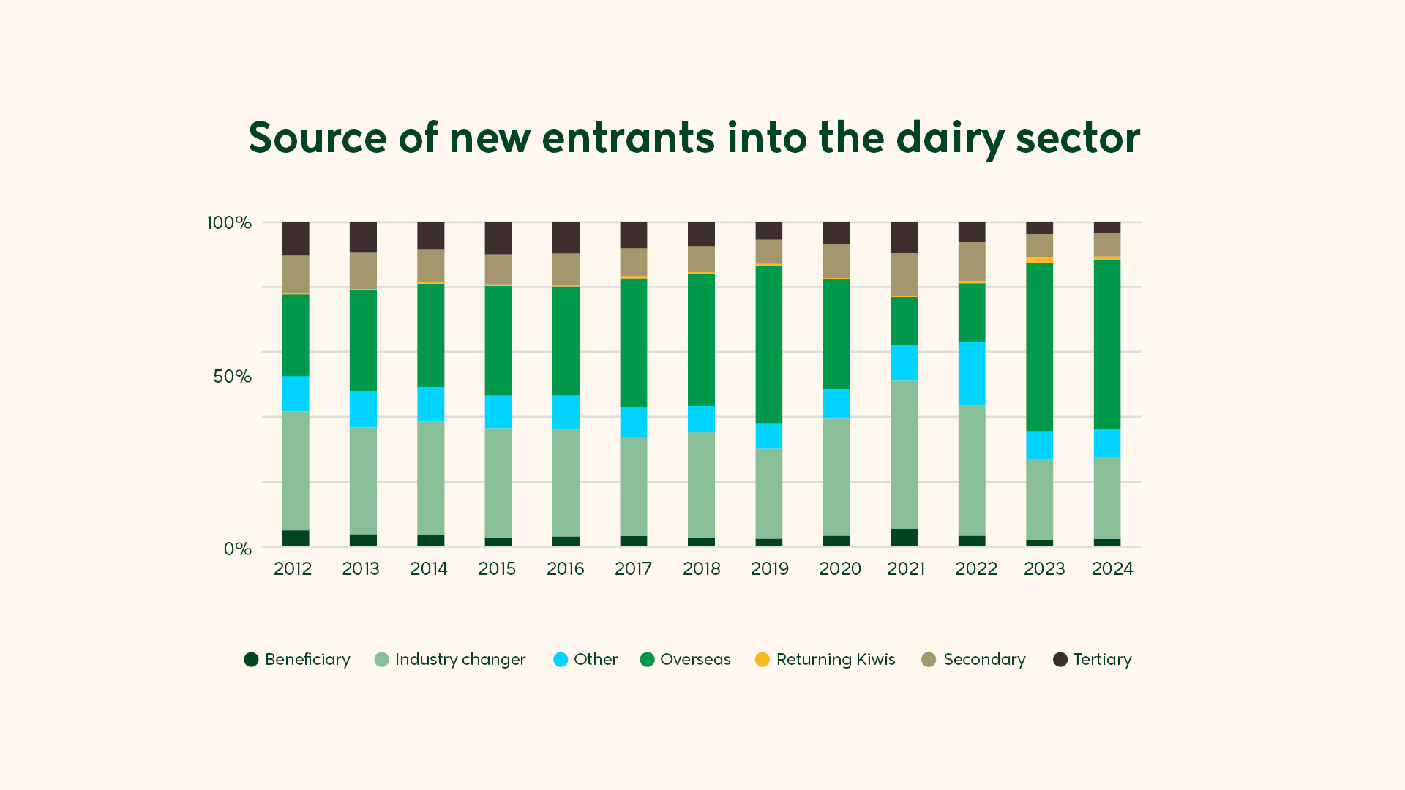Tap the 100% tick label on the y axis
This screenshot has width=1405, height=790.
[229, 222]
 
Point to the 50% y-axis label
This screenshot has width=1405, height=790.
[232, 377]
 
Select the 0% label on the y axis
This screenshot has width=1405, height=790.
[237, 549]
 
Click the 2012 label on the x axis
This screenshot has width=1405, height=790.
[293, 569]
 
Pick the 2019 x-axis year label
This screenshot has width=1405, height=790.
[770, 569]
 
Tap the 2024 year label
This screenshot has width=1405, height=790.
[1112, 569]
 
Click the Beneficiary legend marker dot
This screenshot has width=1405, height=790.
[251, 660]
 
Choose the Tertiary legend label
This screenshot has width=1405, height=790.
[1102, 660]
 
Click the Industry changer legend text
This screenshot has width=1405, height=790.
[460, 660]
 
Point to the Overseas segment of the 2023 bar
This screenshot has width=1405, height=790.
[1039, 347]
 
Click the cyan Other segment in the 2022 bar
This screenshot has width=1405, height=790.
[972, 373]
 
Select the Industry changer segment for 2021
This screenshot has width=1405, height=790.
[904, 454]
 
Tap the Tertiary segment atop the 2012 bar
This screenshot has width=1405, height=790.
[296, 238]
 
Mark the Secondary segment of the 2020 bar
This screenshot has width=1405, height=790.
[836, 261]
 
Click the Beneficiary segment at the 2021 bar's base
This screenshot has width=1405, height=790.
[904, 537]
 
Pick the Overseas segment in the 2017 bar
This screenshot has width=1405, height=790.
[634, 342]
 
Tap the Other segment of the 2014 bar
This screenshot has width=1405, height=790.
[431, 404]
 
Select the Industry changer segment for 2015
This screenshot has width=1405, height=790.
[498, 483]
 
